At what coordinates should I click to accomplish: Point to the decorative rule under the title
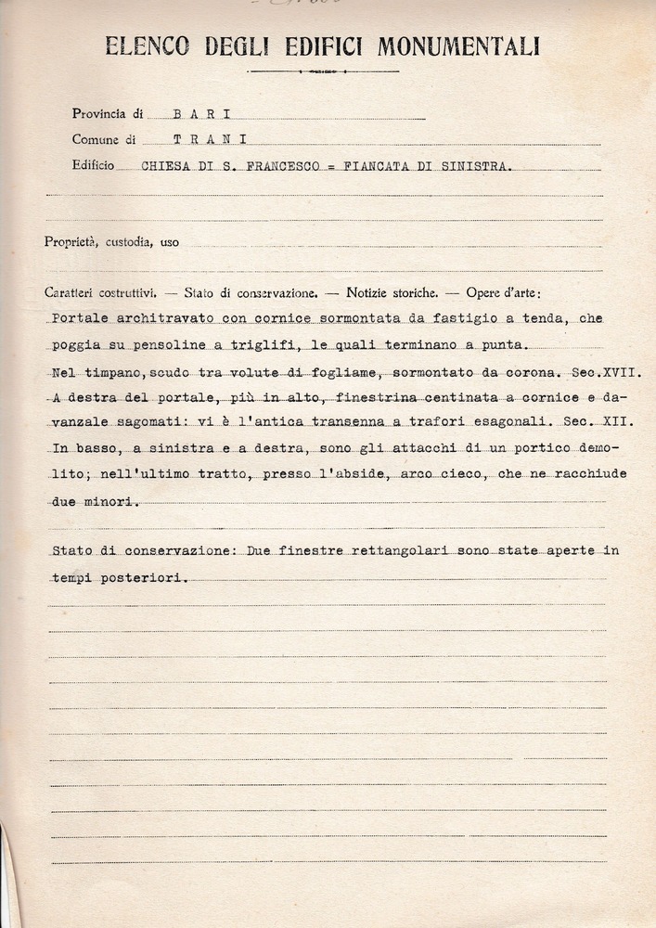tap(324, 71)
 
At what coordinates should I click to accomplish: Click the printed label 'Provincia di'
tap(108, 114)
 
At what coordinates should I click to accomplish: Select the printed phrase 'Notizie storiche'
tap(392, 291)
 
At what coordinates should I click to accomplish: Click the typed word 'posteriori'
tap(147, 576)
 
